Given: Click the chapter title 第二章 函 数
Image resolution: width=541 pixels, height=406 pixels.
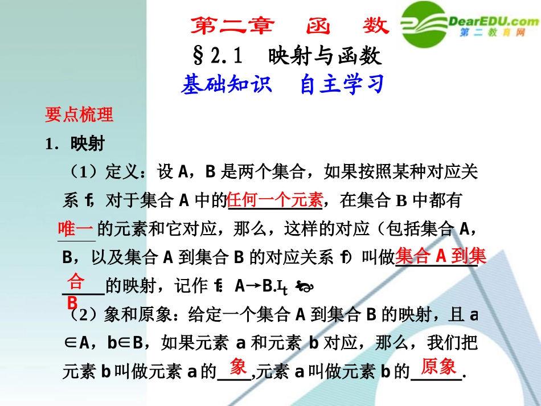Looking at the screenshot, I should click(289, 26).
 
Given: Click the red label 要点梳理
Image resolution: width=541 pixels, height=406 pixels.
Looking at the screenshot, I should click(79, 114).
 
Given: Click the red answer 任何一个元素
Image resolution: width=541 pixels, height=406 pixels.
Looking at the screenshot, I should click(275, 200).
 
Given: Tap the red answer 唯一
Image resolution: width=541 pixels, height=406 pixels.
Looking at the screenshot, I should click(76, 228).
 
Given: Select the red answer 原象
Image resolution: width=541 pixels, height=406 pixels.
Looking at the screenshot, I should click(438, 367).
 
